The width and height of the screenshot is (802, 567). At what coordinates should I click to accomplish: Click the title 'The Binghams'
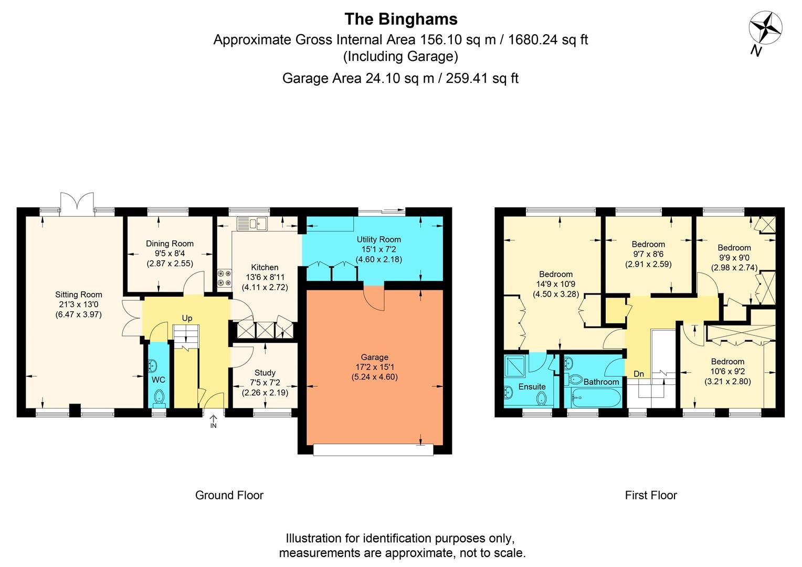click(x=400, y=19)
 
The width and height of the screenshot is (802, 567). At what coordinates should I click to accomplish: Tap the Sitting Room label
click(x=79, y=295)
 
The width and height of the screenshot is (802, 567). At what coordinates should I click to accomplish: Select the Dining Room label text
click(x=170, y=244)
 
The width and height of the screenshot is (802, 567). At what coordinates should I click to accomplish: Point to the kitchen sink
click(x=252, y=224)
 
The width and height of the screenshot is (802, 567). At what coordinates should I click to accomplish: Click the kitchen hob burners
click(x=224, y=278)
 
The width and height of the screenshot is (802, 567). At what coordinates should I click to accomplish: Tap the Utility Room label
click(x=378, y=239)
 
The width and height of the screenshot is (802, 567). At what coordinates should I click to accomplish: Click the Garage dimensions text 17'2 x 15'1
click(x=374, y=367)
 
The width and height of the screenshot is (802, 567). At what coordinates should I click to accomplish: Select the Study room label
click(x=265, y=373)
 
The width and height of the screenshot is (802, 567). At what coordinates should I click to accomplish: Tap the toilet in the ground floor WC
click(x=159, y=398)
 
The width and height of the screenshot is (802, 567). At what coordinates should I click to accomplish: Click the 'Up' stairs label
click(x=187, y=318)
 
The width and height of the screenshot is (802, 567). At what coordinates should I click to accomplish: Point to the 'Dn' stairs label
click(x=639, y=374)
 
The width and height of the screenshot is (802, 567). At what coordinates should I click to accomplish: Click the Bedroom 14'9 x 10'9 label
click(x=556, y=274)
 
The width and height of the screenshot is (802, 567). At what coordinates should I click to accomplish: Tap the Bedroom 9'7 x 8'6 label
click(x=648, y=244)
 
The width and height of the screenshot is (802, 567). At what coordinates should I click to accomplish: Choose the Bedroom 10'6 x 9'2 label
click(x=727, y=361)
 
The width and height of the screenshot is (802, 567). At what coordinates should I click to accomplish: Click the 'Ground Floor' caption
click(x=229, y=495)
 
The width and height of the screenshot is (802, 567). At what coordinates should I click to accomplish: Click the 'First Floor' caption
click(x=651, y=495)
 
